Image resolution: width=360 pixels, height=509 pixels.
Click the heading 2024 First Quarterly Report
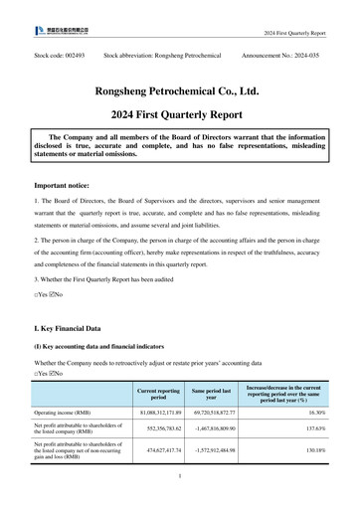click(x=180, y=114)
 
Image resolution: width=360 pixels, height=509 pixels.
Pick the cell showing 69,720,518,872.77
click(x=213, y=412)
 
